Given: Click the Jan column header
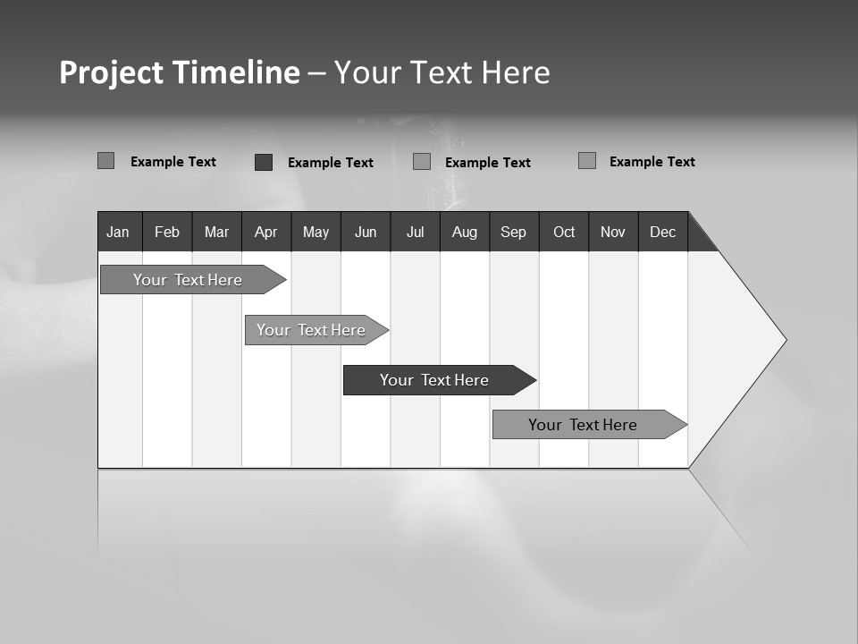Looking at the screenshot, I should point(119,232).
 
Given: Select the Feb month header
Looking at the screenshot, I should point(167,232).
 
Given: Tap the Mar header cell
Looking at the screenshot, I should point(216,232).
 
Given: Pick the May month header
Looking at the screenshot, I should point(315,232).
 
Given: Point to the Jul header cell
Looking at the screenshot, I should point(415,232).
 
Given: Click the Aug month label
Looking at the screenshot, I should point(464,232).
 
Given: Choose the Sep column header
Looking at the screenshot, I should point(513,232).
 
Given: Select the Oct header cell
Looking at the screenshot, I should point(563,232).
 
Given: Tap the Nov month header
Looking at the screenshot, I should point(612,232).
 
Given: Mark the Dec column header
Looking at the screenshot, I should point(662,232).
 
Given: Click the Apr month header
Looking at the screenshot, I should point(265,232).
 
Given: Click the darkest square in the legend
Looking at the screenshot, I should point(264,162).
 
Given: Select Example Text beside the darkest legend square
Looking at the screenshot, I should point(330,163).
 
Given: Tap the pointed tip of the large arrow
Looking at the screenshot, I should point(784,340).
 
